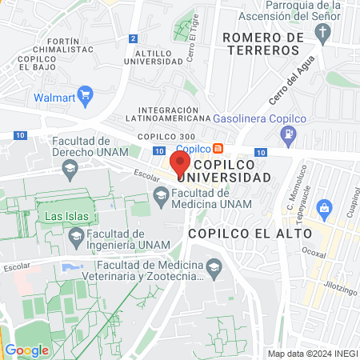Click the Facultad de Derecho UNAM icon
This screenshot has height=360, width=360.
click(x=70, y=167)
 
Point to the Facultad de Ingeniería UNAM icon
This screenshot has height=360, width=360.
click(x=76, y=235)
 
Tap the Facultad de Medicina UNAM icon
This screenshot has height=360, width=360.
click(x=162, y=193)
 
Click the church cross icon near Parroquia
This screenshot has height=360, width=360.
click(x=323, y=33)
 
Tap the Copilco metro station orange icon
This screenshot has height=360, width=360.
click(x=217, y=148)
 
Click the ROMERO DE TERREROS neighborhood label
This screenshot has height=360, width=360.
click(x=262, y=43)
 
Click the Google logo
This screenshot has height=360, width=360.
click(x=26, y=350)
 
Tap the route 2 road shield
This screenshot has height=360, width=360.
click(x=133, y=38)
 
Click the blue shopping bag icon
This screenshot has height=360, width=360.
click(x=324, y=210)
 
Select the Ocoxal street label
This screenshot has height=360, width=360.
click(x=314, y=254)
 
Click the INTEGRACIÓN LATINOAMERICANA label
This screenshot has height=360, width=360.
click(x=168, y=114)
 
